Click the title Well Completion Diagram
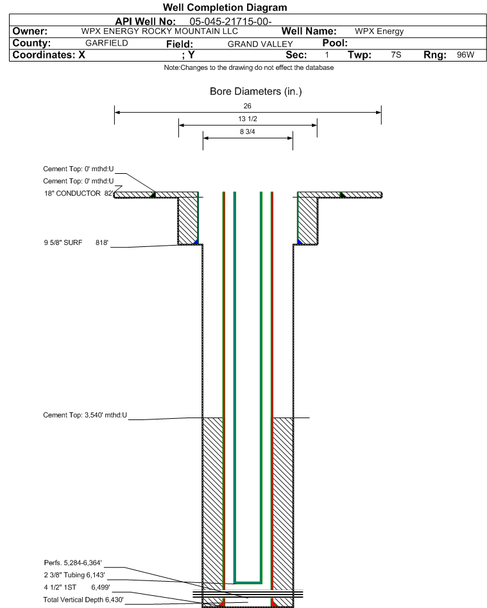(225, 7)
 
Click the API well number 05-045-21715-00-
(230, 22)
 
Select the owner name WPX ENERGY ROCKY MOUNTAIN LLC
(160, 31)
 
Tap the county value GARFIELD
(107, 43)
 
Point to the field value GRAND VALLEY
(260, 44)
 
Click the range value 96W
(465, 55)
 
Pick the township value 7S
(396, 55)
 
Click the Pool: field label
(335, 43)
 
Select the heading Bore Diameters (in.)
(256, 92)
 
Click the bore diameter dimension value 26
(247, 106)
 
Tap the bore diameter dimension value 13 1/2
(248, 119)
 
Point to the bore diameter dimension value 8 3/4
(247, 132)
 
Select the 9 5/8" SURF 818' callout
(76, 242)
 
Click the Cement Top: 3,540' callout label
(85, 415)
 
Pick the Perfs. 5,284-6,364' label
(73, 562)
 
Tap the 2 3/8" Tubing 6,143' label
(74, 575)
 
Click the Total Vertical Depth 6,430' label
(83, 600)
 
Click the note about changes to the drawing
(249, 67)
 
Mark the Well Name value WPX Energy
(379, 31)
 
